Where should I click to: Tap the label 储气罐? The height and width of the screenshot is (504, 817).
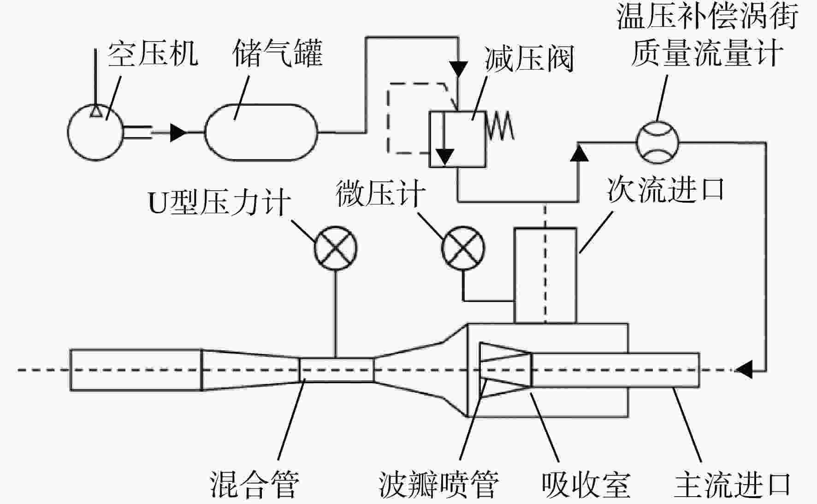coord(277,53)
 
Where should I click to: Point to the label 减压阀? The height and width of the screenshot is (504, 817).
coord(529,59)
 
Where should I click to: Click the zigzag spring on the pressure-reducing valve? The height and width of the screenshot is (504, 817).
coord(500,125)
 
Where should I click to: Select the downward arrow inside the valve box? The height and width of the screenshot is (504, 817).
coord(444,138)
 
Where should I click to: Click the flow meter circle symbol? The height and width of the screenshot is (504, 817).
coord(657,143)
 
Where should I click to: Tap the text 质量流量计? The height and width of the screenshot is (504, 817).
coord(707,53)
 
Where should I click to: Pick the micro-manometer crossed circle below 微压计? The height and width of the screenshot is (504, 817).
coord(463,248)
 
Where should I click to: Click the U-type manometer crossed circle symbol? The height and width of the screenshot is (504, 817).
coord(336,248)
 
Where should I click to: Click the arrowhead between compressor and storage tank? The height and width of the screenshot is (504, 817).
coord(178,132)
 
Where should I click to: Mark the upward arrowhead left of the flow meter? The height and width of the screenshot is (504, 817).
coord(579,153)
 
